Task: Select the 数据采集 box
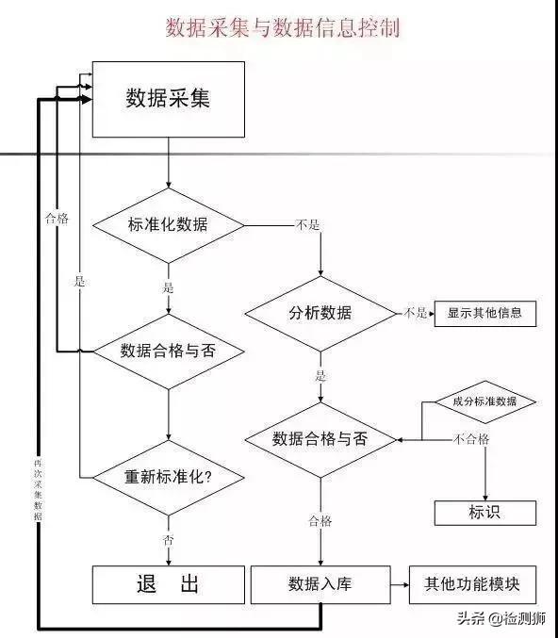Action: click(168, 98)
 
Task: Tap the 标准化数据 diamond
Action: click(168, 224)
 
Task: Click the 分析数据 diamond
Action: click(320, 313)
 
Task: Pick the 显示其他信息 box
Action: click(484, 313)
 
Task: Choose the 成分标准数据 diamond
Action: click(484, 401)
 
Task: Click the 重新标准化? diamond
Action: click(168, 476)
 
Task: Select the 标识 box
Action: click(484, 513)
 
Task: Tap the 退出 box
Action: click(168, 584)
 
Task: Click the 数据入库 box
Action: click(320, 584)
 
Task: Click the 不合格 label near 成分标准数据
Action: click(470, 439)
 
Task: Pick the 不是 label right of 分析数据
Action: click(416, 313)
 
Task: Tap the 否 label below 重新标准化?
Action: click(168, 540)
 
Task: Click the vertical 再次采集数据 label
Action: click(37, 491)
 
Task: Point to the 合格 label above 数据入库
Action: click(320, 521)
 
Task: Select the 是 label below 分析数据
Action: click(320, 375)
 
